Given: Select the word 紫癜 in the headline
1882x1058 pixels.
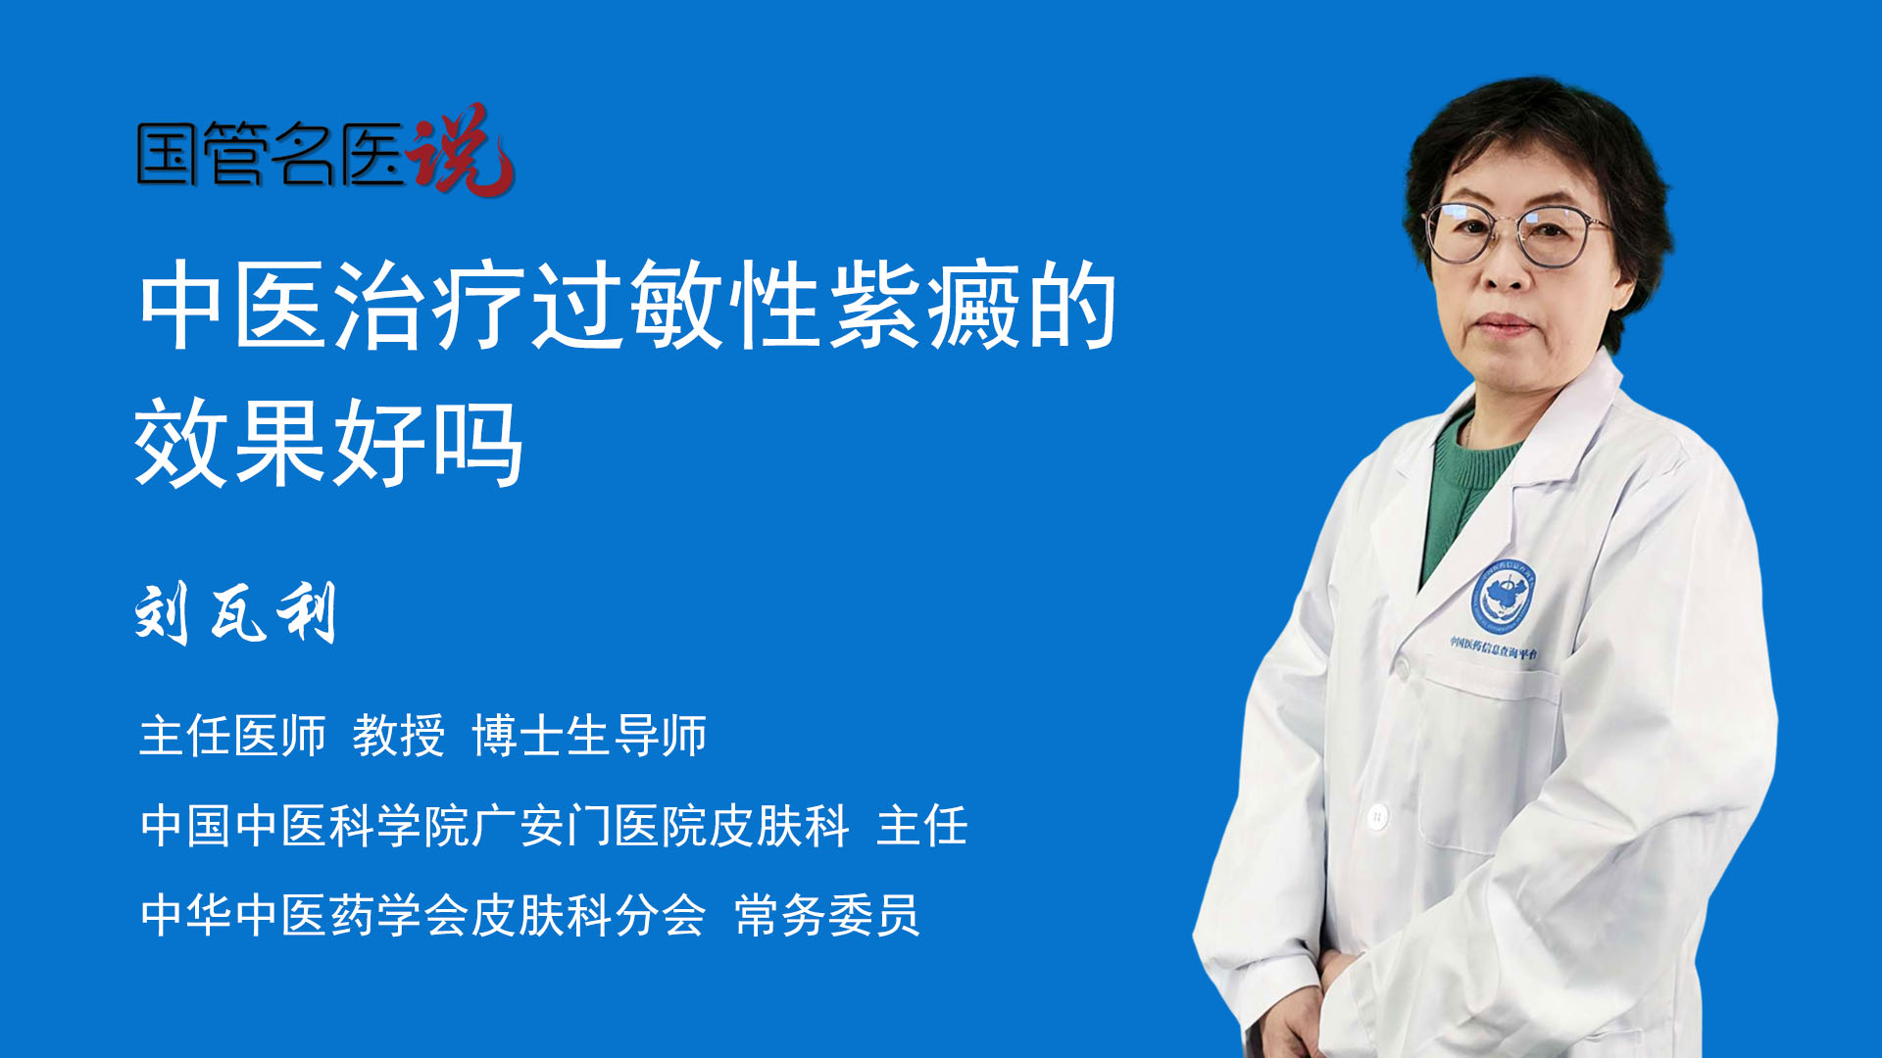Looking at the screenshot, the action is point(925,306).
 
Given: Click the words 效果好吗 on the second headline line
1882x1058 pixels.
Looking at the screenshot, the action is point(329,443).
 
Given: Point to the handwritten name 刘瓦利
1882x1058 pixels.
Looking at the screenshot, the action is point(236,613).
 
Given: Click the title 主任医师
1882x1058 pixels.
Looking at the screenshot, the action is point(232,736).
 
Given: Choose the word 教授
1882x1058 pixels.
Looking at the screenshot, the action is point(399,736).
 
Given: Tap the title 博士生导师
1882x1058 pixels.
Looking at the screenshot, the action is point(589,736).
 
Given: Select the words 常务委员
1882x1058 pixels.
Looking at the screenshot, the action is point(827,916).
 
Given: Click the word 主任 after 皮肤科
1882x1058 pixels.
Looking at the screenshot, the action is point(922,826).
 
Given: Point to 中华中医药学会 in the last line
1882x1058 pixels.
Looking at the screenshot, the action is point(305,916).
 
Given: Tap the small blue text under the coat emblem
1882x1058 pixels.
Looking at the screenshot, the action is point(1494,648).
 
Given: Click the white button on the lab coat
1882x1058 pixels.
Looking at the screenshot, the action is point(1378,815).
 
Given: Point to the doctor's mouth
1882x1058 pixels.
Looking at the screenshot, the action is point(1503,323).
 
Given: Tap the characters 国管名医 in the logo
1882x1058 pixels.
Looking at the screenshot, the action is point(271,155).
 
